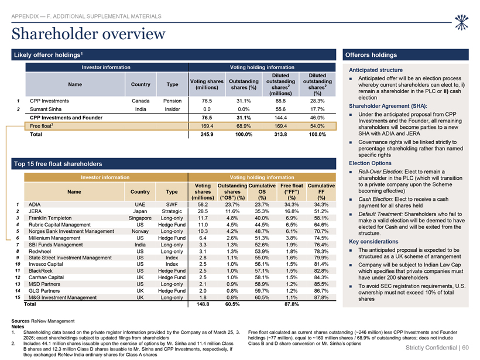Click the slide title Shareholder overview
[88, 34]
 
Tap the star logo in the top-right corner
[462, 22]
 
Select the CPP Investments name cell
[49, 101]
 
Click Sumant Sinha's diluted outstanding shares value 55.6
[280, 109]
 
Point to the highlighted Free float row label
[42, 126]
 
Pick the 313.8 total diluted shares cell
[280, 135]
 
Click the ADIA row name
[35, 204]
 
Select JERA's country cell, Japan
[140, 211]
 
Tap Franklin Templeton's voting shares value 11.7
[203, 218]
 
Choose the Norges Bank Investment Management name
[71, 231]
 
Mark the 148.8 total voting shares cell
[203, 304]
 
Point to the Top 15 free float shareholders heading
[58, 164]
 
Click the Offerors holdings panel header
[371, 55]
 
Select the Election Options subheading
[370, 163]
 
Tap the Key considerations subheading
[373, 242]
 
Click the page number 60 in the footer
[465, 348]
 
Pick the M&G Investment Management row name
[63, 297]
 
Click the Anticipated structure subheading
[376, 70]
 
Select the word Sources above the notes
[20, 321]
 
